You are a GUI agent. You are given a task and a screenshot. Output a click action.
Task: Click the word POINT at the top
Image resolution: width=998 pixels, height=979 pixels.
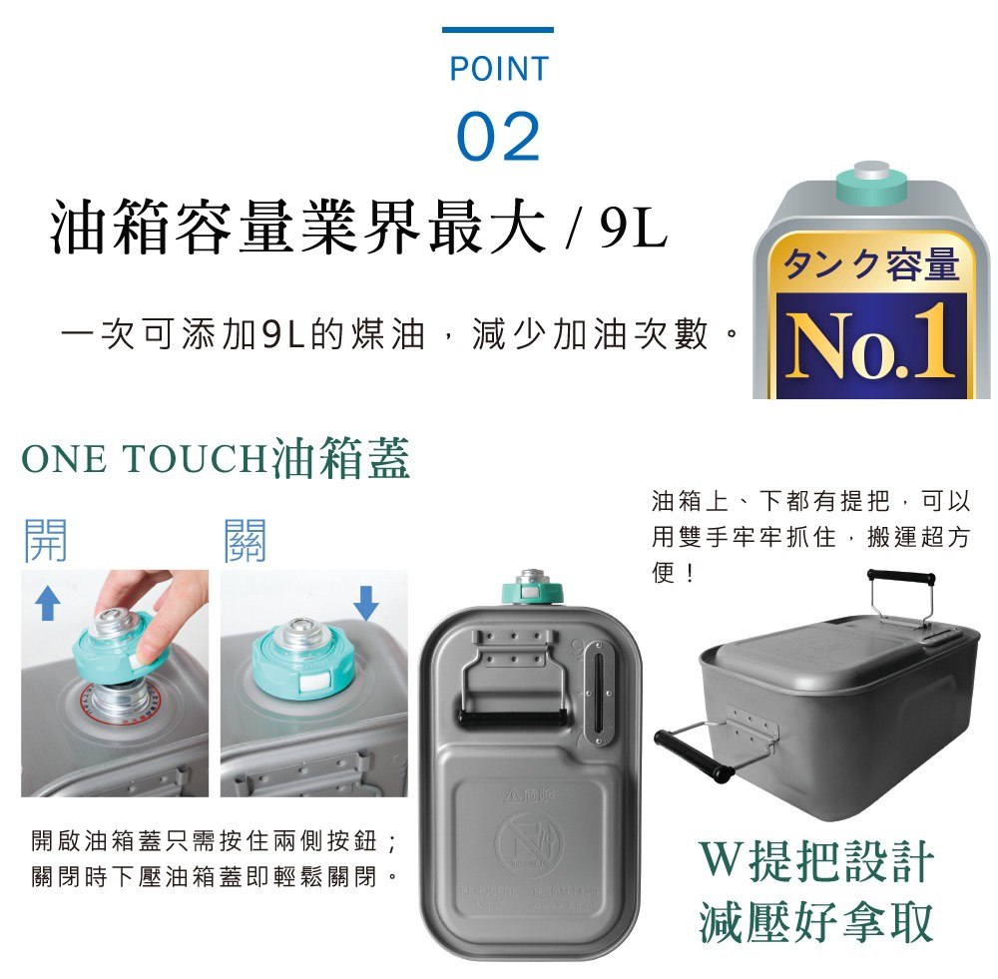click(498, 69)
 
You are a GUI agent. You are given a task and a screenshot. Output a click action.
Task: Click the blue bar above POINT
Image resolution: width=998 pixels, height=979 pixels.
click(497, 30)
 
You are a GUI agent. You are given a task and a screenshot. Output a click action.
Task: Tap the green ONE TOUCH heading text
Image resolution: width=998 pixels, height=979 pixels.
click(145, 459)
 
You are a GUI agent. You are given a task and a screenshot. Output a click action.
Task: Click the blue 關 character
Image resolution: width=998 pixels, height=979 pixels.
click(246, 540)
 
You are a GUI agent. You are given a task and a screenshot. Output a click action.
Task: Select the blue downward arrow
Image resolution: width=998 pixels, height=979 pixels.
click(366, 601)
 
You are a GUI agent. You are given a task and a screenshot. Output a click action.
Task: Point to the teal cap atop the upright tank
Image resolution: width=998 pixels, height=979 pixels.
click(534, 587)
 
